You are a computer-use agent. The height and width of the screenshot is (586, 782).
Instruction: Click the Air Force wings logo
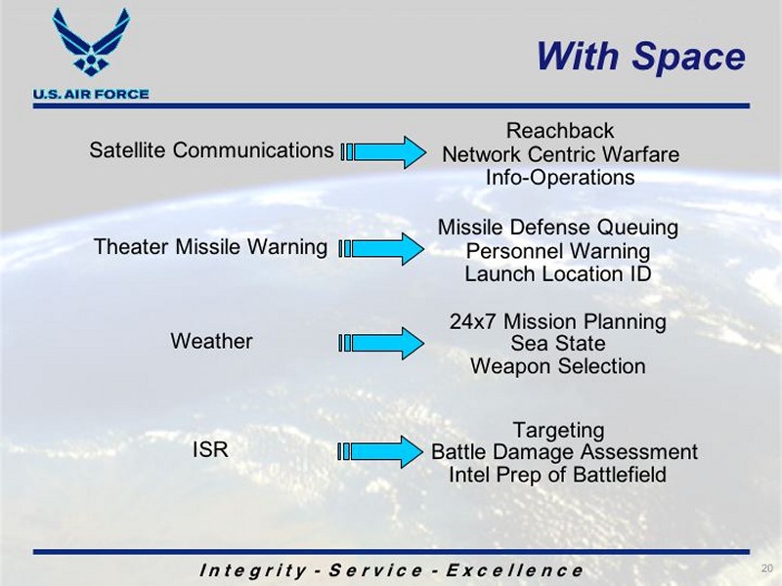[91, 42]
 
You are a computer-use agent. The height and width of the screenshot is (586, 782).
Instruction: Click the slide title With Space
[641, 56]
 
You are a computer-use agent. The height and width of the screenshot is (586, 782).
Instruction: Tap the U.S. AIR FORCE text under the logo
[91, 94]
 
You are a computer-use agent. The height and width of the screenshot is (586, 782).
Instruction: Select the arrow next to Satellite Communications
[383, 152]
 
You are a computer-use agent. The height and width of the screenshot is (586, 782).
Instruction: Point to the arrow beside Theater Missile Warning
[381, 249]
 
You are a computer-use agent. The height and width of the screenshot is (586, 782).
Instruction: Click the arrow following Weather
[381, 344]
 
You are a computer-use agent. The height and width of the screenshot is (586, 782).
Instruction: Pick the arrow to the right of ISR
[380, 451]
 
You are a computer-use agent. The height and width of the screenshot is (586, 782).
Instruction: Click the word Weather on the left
[211, 341]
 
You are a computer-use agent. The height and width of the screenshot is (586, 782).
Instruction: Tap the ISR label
[210, 449]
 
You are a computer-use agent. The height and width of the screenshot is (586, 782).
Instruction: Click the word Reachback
[560, 131]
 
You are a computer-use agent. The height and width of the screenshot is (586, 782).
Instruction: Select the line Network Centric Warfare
[560, 154]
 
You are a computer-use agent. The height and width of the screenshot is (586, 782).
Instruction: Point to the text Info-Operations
[560, 178]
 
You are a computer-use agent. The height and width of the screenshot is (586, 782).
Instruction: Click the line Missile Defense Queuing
[558, 228]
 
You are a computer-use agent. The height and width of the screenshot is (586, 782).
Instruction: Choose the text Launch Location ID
[558, 274]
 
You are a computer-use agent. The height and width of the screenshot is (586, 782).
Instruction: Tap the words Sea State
[558, 344]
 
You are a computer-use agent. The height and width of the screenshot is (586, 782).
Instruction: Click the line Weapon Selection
[558, 366]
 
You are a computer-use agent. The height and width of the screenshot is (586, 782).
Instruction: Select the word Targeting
[558, 430]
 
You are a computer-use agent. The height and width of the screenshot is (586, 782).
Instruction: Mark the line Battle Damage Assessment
[564, 452]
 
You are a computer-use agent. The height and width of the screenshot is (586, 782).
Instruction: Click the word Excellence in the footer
[514, 570]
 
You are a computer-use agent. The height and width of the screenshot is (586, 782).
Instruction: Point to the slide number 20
[767, 568]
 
